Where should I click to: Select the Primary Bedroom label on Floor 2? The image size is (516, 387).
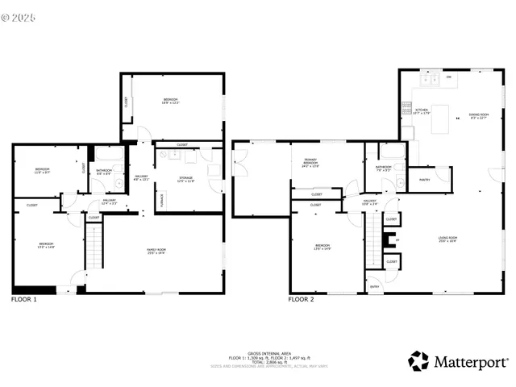point(310,164)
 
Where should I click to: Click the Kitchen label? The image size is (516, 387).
point(422,112)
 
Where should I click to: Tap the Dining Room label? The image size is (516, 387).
point(479,116)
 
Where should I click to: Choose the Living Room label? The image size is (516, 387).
point(447,239)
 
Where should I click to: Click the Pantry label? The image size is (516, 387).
point(422,178)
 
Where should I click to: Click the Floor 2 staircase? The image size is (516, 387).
point(372,243)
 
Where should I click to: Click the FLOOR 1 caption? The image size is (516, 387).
point(23,300)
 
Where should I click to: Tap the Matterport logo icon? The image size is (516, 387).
point(418,360)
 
